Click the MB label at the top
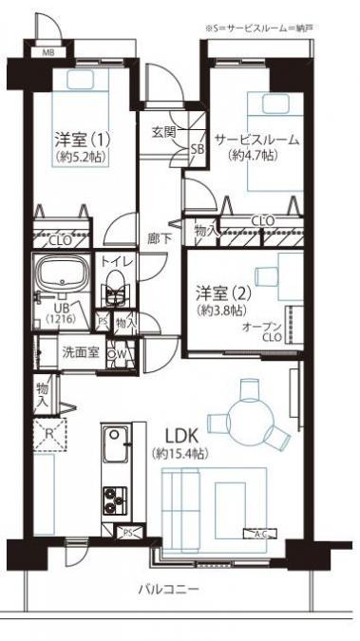coord(47,51)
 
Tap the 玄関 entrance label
coord(163,132)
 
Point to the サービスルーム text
coord(256,140)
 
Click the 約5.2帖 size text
coord(79,156)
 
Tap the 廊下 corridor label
coord(159,238)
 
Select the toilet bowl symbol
coord(116,288)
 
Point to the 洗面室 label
coord(81,351)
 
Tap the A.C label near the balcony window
coord(257,533)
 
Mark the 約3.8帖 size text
coord(220,310)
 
